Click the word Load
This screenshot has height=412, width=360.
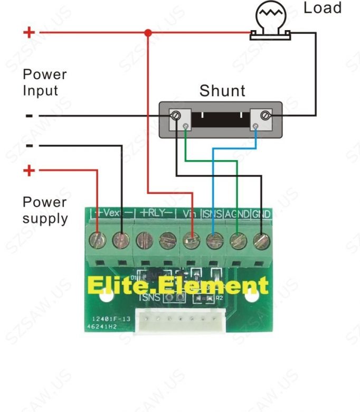[x=323, y=8]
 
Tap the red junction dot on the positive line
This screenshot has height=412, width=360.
[x=148, y=33]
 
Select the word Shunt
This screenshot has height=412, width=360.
[x=222, y=91]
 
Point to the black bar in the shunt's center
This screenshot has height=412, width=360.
[x=221, y=118]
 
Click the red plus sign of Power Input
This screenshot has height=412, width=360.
[x=29, y=33]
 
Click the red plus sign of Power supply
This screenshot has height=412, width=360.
[x=30, y=171]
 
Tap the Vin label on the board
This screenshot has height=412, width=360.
[x=189, y=214]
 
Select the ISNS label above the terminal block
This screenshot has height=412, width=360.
[x=212, y=214]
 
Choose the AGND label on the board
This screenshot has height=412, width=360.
[x=236, y=214]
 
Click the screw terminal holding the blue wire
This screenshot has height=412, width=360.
[x=212, y=241]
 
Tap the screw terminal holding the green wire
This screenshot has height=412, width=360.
[x=237, y=241]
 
